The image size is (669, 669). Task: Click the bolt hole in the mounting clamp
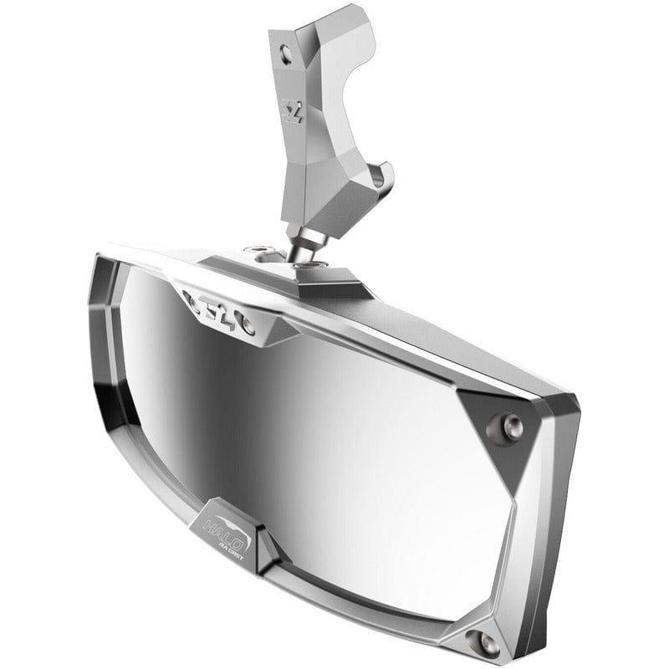[287, 56]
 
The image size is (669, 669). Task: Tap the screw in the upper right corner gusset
[513, 426]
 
